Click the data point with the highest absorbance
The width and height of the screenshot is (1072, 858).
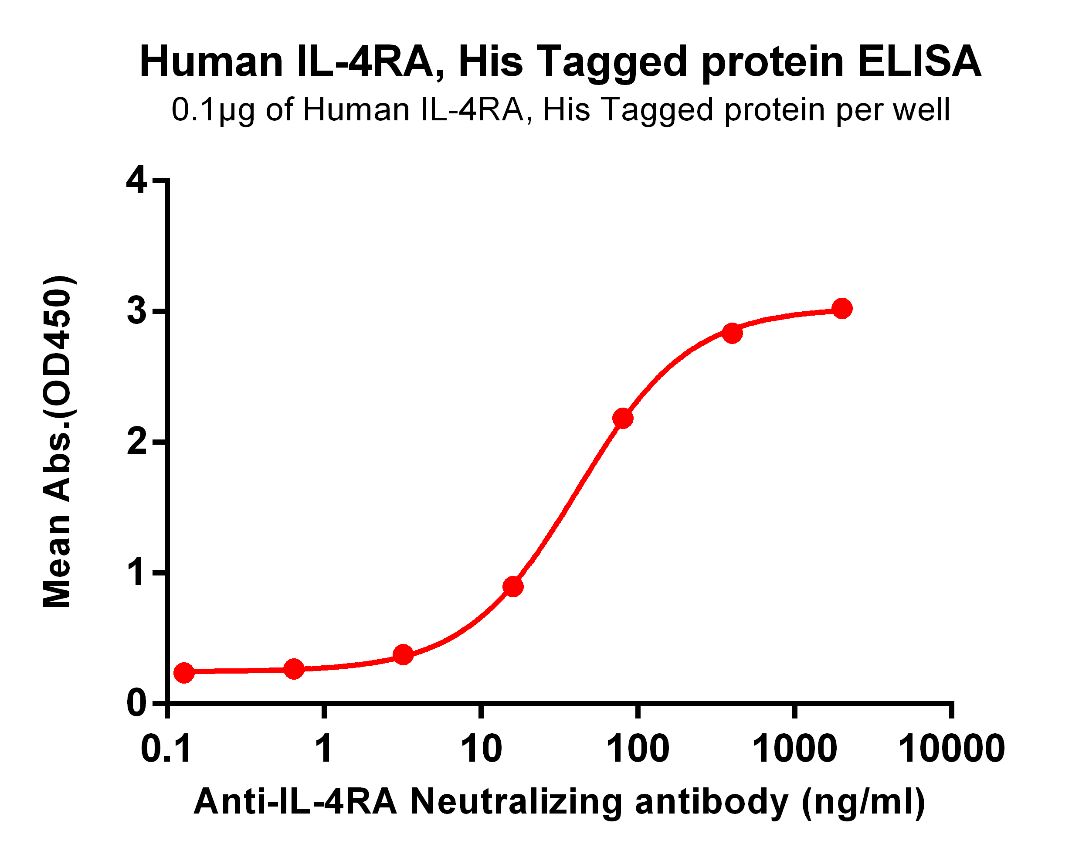[x=841, y=308]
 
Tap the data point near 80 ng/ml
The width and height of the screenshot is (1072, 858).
[x=623, y=418]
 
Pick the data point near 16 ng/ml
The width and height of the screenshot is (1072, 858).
[x=512, y=587]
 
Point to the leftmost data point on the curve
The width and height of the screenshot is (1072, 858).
[x=184, y=673]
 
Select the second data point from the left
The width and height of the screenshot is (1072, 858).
[x=294, y=669]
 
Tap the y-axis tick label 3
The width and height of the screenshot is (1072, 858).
[x=137, y=311]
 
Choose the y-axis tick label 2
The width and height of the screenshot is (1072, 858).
[x=137, y=442]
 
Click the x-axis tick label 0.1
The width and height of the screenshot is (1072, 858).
[x=166, y=749]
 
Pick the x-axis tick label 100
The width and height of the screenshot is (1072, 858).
[x=638, y=749]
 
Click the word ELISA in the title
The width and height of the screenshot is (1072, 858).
[x=919, y=62]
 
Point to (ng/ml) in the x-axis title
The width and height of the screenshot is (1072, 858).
[x=863, y=802]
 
